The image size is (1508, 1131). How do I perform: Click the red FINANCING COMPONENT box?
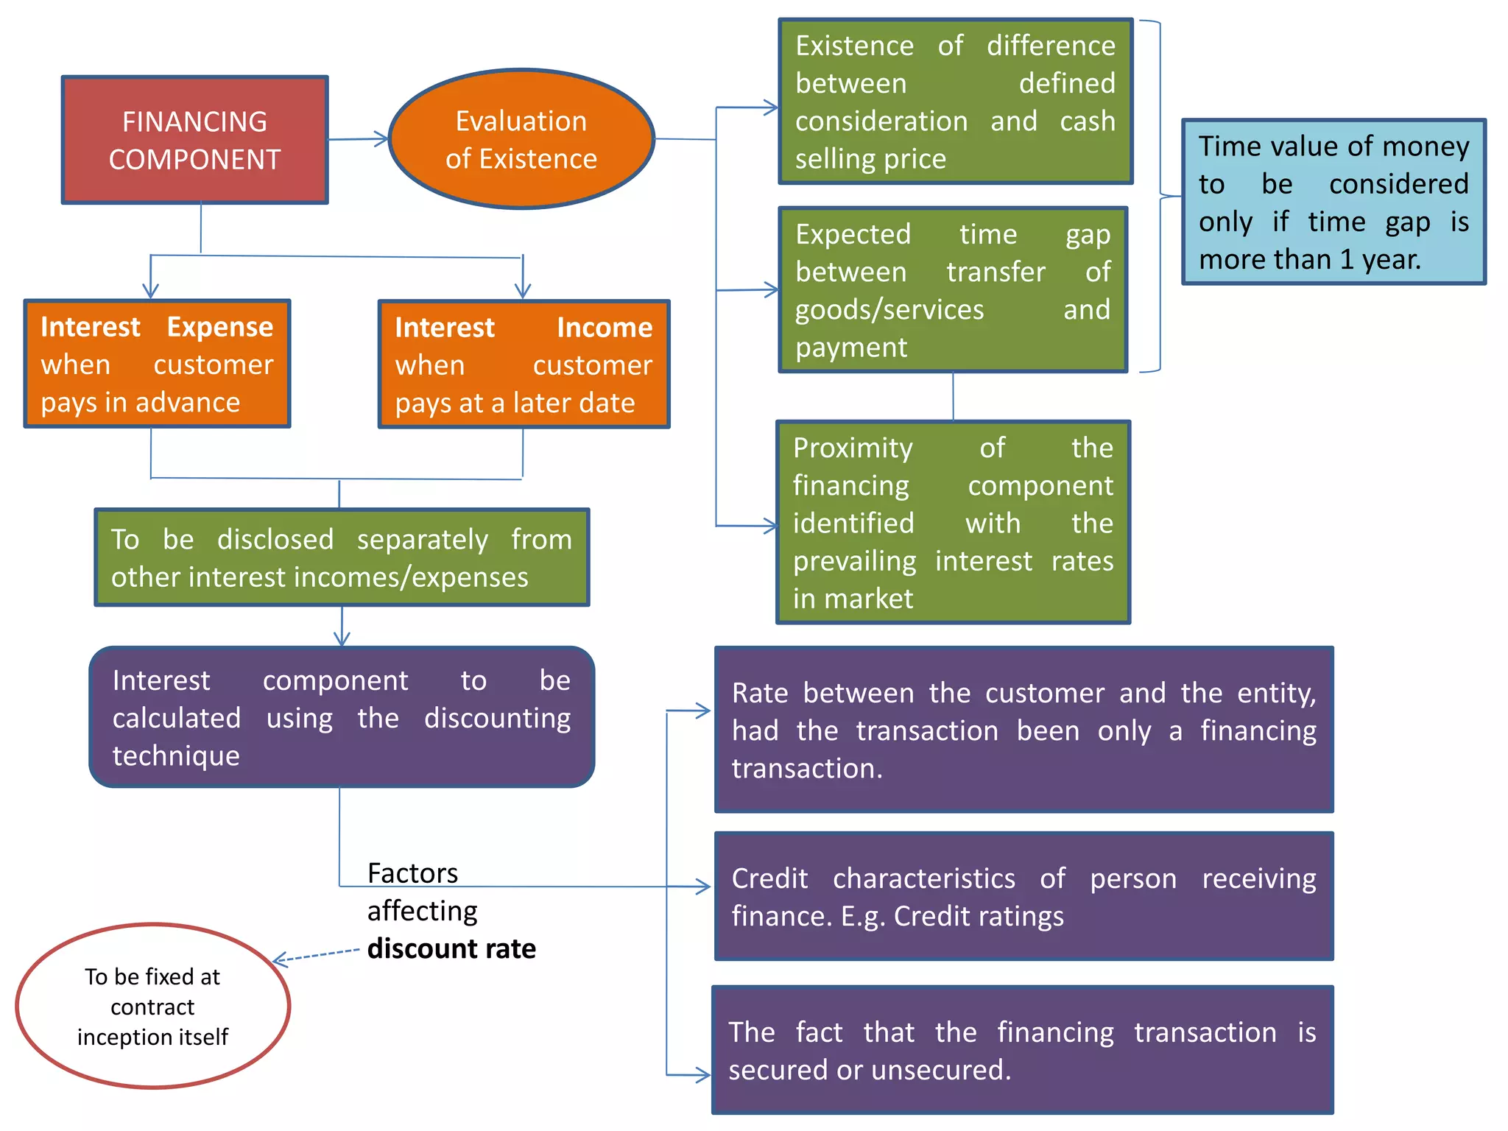194,140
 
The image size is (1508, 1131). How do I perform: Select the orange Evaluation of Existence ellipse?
521,140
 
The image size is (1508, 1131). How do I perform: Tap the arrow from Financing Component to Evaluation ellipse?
358,139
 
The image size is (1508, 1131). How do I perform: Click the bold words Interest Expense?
157,327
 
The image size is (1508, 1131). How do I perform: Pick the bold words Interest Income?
523,328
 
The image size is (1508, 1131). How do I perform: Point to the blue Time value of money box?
1333,202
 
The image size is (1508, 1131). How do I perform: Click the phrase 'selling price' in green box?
870,159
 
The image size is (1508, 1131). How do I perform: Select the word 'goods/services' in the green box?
889,310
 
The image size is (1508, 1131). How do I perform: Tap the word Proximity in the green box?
853,448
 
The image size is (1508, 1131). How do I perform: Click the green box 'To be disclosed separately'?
342,558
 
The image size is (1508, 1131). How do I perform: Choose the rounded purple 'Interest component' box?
342,717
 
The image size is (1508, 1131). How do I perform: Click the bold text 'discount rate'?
451,948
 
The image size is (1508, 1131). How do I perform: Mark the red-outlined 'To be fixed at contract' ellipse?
152,1006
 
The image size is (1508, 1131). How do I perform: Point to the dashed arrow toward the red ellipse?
317,955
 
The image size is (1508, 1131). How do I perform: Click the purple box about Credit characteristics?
1023,897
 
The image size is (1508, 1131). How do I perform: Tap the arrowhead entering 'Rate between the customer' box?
703,711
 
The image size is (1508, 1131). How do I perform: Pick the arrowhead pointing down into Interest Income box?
523,291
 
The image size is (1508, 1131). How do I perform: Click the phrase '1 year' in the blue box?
1379,260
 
